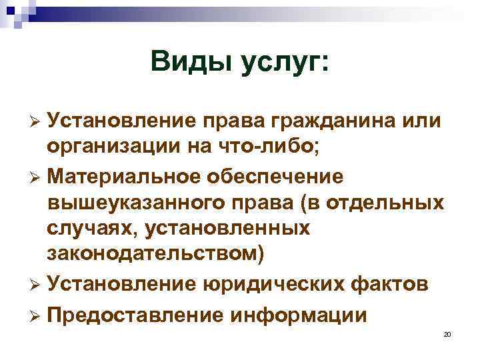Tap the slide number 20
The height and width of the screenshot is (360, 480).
pyautogui.click(x=447, y=334)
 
